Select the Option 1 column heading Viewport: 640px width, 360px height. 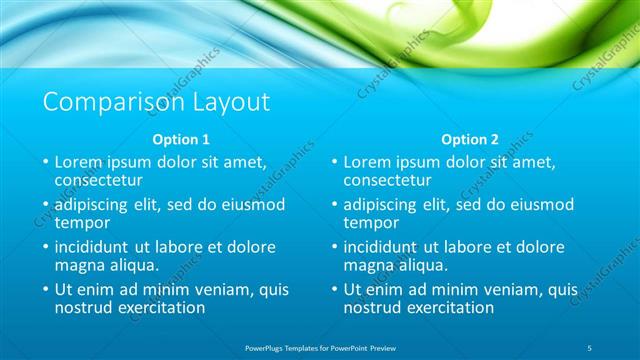(x=182, y=140)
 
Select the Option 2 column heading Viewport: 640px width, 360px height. (x=471, y=140)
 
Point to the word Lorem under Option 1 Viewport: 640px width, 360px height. (x=80, y=161)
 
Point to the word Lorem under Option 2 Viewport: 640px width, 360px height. (x=369, y=161)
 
